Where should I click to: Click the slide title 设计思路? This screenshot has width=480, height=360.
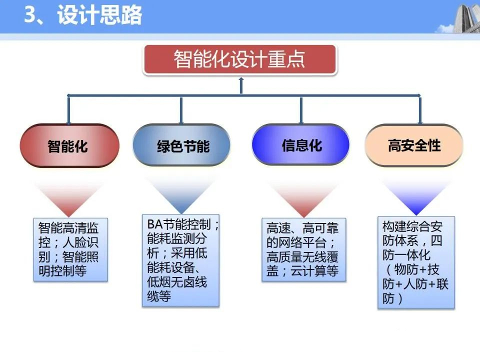99,14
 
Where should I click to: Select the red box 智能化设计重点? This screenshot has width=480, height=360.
240,59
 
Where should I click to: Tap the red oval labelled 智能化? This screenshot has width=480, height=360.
69,145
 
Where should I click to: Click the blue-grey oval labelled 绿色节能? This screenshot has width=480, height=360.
181,145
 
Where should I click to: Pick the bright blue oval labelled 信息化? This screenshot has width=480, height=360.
300,145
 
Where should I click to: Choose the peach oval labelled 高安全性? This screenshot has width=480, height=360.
414,145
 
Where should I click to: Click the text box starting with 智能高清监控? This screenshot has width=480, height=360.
70,249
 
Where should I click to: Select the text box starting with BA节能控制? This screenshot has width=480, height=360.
181,260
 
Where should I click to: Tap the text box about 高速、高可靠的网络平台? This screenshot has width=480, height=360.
304,249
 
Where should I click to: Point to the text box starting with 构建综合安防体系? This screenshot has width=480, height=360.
416,262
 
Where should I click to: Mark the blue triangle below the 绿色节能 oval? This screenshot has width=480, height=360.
182,197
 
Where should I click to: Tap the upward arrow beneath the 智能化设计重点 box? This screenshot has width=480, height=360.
241,85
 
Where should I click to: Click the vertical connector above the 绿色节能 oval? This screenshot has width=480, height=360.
181,110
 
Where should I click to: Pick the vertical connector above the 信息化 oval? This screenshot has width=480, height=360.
301,110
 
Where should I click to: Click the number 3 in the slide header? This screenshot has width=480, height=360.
30,14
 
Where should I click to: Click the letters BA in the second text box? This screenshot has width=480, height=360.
155,224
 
